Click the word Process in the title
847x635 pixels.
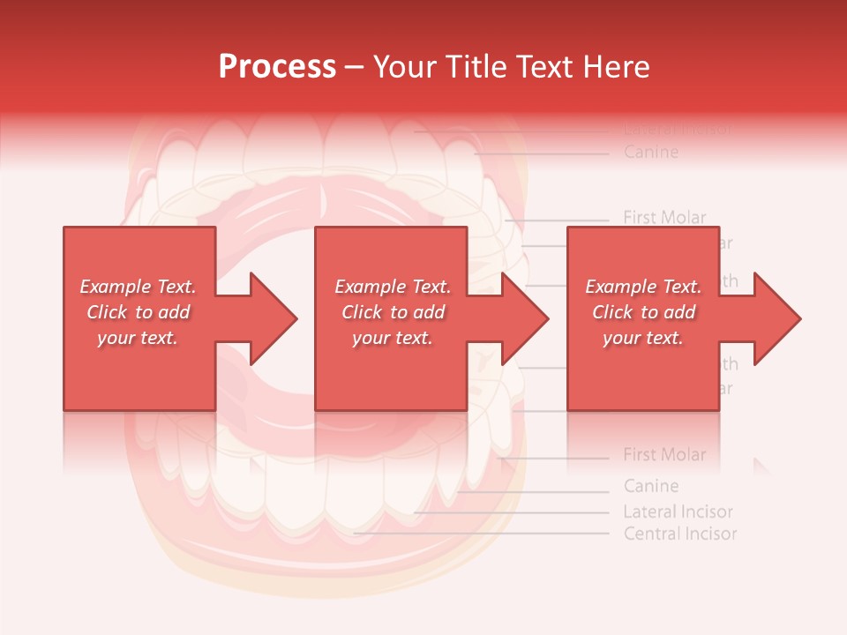click(x=277, y=67)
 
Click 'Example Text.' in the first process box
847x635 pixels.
click(x=138, y=287)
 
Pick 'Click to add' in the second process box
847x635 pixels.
click(x=393, y=312)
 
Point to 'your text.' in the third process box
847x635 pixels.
click(x=642, y=338)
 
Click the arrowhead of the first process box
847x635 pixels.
click(x=274, y=318)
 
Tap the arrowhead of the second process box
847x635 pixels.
click(x=526, y=318)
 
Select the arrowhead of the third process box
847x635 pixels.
click(x=776, y=318)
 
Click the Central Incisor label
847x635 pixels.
click(x=679, y=534)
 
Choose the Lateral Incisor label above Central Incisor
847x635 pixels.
click(x=678, y=512)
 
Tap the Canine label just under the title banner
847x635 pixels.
click(x=651, y=153)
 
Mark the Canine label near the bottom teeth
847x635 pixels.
click(x=651, y=486)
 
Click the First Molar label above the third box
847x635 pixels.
click(x=664, y=217)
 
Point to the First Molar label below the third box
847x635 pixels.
click(x=664, y=455)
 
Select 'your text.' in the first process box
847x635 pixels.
click(x=138, y=338)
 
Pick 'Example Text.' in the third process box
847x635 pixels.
click(x=642, y=287)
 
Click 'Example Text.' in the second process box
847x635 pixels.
click(x=393, y=287)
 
